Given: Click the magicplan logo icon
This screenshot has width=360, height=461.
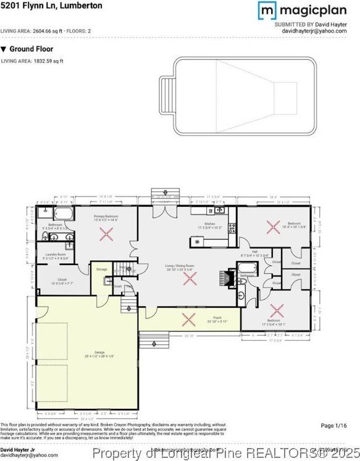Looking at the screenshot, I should coord(266,10).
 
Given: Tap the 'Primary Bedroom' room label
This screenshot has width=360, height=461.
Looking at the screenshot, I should coord(106,216).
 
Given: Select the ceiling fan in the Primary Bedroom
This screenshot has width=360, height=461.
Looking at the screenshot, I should coord(107,234).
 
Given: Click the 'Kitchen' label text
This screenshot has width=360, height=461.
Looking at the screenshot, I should coord(210,224).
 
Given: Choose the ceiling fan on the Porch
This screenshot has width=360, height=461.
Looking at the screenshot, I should coord(187,319).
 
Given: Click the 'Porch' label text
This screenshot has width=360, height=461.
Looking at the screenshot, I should coord(210,319).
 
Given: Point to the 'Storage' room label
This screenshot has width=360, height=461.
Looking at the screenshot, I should coord(101,269).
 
